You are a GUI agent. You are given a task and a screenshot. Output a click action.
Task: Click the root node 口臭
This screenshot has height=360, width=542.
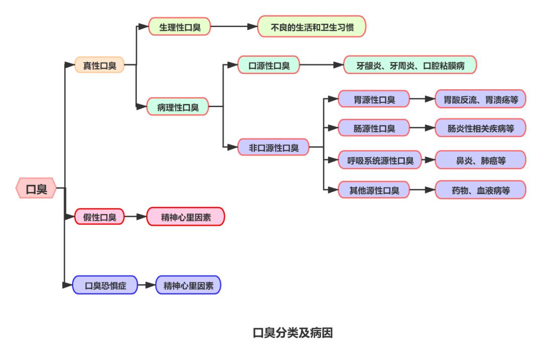(36, 189)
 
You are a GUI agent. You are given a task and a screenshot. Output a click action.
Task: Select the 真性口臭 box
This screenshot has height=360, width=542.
(99, 65)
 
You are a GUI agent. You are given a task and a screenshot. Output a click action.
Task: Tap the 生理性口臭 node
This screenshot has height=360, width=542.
(180, 27)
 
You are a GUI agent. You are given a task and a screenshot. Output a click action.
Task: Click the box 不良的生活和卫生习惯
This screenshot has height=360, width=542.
(312, 27)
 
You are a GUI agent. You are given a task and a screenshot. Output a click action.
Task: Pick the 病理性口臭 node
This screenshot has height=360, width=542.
(178, 106)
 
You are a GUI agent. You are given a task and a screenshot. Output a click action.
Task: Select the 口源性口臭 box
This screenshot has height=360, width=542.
(269, 65)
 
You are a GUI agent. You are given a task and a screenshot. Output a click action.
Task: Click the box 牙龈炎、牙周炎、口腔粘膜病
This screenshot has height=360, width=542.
(410, 65)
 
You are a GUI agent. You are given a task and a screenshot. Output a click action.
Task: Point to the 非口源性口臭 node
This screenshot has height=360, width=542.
(274, 147)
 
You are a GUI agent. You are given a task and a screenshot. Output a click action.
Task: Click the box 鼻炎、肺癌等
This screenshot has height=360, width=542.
(480, 160)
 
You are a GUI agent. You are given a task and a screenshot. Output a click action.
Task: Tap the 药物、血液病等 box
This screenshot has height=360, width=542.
(480, 190)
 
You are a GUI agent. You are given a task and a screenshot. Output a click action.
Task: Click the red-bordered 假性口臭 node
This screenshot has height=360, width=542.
(99, 217)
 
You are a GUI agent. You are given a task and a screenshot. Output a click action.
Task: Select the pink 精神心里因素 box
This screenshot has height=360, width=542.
(186, 217)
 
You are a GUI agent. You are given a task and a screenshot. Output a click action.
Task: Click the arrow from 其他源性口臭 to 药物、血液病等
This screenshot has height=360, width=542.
(423, 190)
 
